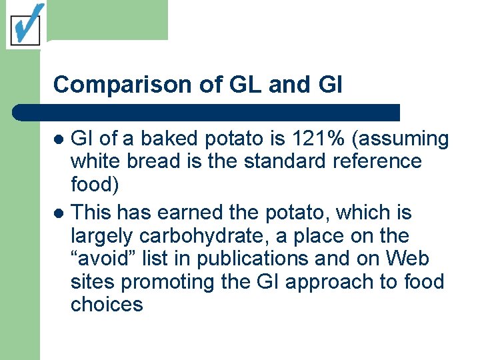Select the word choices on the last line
pos(107,305)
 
